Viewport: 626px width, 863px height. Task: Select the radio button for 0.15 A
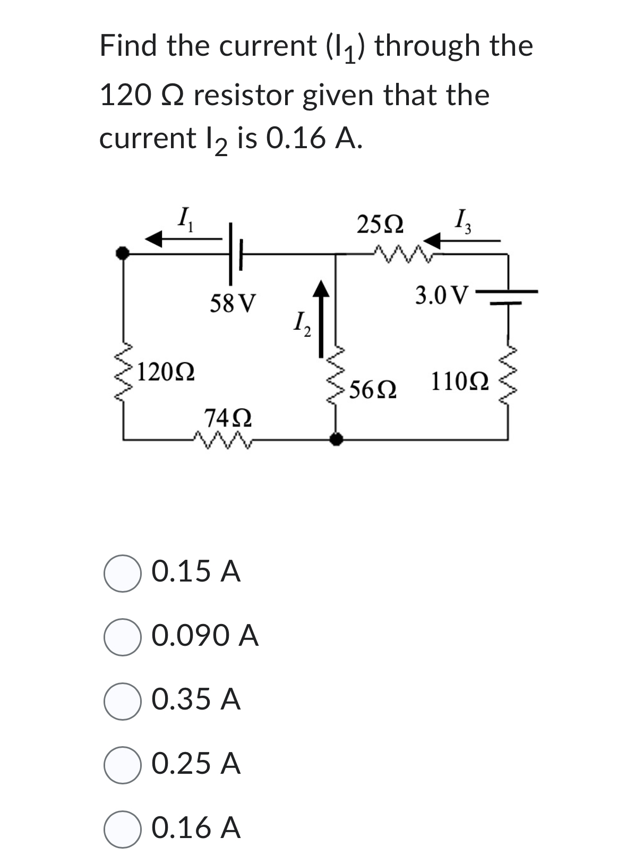(x=122, y=573)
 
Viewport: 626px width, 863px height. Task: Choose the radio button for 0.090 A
(x=122, y=637)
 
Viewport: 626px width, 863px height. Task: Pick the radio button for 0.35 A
(x=122, y=701)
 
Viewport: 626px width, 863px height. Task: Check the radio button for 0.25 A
(x=122, y=765)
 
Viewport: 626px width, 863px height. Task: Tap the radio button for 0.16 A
(x=122, y=829)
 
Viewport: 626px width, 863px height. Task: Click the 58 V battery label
(x=233, y=304)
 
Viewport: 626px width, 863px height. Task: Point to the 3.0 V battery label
(x=442, y=295)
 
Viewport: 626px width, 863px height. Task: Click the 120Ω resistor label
(x=166, y=372)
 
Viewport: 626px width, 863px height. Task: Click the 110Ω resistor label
(x=460, y=382)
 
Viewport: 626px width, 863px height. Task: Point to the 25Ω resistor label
(x=380, y=225)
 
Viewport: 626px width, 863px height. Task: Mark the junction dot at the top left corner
(x=123, y=253)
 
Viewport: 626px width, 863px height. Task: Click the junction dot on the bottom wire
(x=336, y=439)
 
